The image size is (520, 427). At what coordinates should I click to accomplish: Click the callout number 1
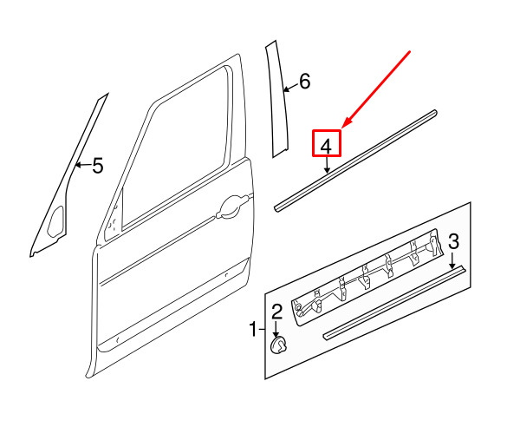coord(253,330)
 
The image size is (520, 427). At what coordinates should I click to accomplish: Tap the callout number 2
coord(277,312)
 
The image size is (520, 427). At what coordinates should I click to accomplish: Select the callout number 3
coord(453,241)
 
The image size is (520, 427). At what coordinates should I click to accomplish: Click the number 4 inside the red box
coord(327,146)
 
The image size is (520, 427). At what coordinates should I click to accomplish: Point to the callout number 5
coord(98,166)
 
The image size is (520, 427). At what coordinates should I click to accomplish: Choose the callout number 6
coord(304,82)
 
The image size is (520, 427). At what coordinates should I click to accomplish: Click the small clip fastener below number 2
coord(278,346)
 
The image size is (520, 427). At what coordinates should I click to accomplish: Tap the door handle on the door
coord(232,207)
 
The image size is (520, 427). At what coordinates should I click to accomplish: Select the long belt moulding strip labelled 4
coord(355,161)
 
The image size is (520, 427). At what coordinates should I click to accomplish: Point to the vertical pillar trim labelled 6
coord(277,100)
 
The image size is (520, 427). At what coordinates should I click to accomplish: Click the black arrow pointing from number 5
coord(82,164)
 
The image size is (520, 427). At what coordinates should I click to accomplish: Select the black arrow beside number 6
coord(291,88)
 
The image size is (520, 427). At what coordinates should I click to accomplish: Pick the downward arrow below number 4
coord(328,165)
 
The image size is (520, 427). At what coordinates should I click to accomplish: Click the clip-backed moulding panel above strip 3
coord(367,278)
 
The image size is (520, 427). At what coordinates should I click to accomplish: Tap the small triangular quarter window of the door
coord(114,216)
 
